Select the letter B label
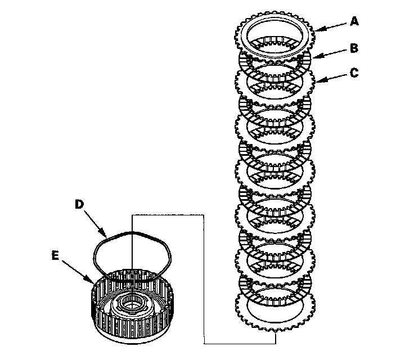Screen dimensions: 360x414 click(x=354, y=48)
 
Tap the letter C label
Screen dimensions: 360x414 click(x=354, y=73)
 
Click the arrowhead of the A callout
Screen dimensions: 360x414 click(x=317, y=29)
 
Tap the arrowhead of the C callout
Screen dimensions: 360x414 click(x=317, y=82)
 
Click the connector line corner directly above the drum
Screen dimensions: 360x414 click(x=132, y=214)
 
